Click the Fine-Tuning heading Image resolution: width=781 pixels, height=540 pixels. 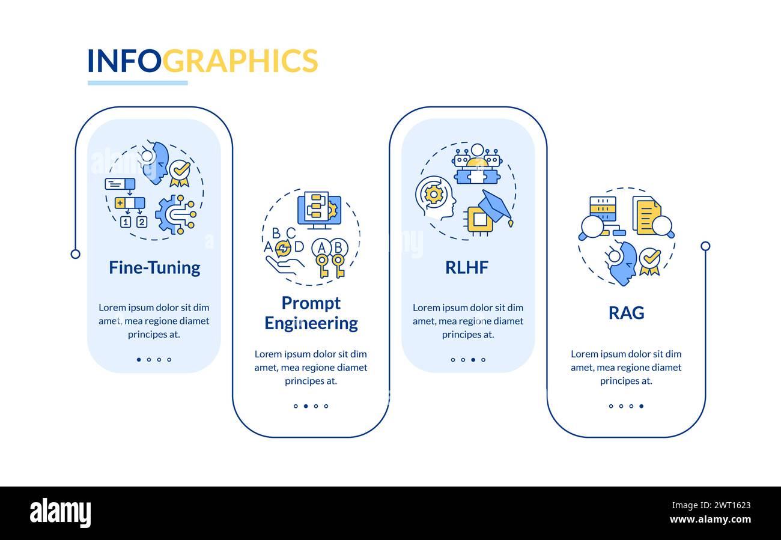[154, 267]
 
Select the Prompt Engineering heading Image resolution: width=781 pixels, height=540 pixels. [311, 313]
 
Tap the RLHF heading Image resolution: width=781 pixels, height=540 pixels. [467, 267]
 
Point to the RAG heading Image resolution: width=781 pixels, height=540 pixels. [626, 313]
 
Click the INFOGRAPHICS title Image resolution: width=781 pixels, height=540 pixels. [202, 61]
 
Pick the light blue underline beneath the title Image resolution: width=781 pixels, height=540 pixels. [138, 83]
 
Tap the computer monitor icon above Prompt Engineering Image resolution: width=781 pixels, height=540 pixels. [319, 210]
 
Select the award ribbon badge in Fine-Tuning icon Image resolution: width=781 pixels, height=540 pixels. [179, 173]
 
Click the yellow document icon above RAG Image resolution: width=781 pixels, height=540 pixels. [648, 216]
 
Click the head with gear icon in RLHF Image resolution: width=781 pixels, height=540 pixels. [433, 196]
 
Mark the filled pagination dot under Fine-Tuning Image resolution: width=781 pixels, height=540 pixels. [139, 360]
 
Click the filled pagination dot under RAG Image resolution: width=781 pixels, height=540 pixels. [641, 406]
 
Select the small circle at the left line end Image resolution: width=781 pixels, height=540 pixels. [75, 254]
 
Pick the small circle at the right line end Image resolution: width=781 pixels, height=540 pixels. [705, 246]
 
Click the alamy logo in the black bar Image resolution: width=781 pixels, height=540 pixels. [60, 514]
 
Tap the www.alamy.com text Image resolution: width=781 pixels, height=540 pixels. [710, 520]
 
